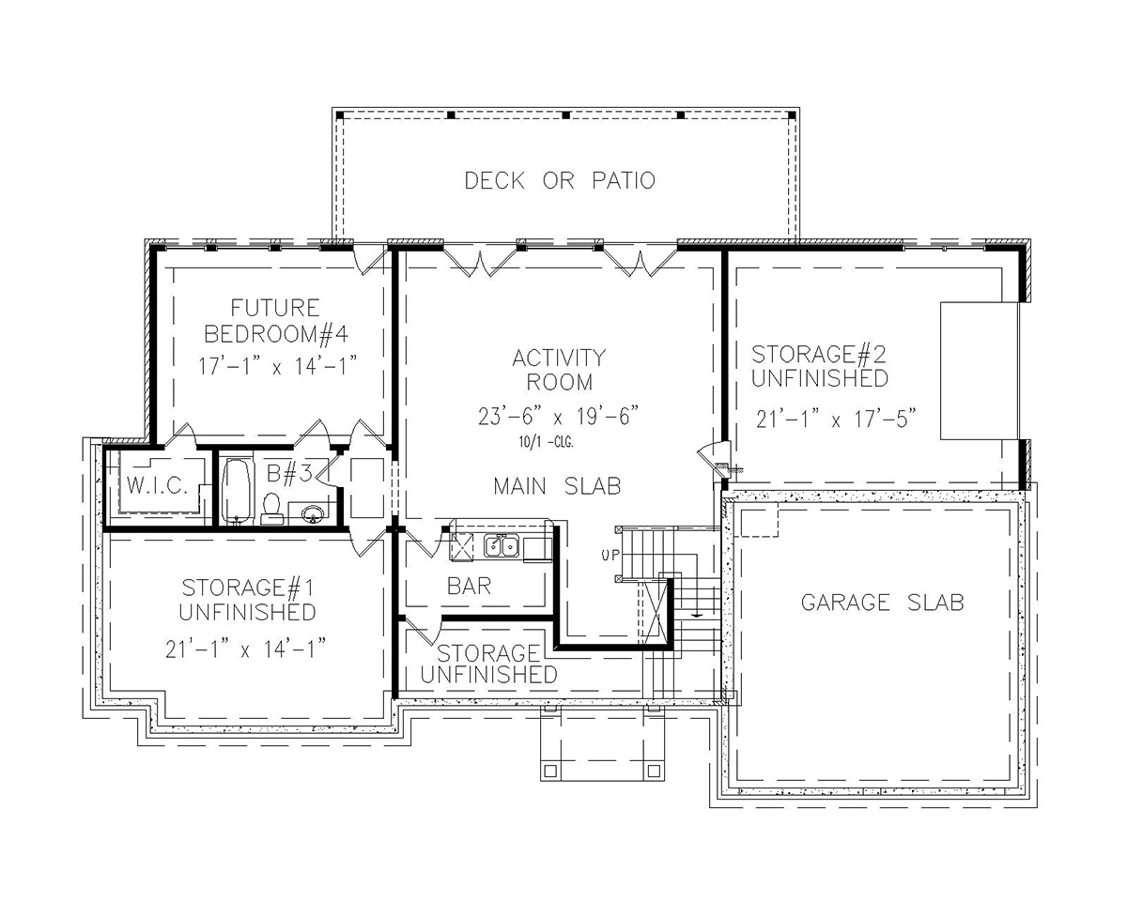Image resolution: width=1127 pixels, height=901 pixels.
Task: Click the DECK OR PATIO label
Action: (560, 180)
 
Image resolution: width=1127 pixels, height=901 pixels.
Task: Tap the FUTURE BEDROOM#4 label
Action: (276, 320)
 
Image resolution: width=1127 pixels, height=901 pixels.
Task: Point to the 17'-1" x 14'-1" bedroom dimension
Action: (278, 366)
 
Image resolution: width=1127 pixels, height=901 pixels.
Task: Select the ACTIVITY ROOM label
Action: (560, 370)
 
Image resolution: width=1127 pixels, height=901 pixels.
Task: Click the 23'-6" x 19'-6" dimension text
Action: (558, 417)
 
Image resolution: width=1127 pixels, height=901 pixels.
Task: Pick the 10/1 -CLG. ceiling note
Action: (547, 442)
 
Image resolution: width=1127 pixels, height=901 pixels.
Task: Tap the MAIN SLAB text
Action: (557, 486)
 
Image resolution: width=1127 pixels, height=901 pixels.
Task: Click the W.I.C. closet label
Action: (157, 486)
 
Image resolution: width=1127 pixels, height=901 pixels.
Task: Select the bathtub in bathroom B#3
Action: (236, 491)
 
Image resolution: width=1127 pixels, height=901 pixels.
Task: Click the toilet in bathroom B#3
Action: (271, 508)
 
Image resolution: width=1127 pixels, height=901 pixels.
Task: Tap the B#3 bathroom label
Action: (289, 473)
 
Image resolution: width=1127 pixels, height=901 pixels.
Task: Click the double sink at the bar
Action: (502, 546)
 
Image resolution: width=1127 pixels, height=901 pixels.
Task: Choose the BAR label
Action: (470, 586)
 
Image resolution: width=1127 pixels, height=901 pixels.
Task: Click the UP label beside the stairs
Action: (610, 555)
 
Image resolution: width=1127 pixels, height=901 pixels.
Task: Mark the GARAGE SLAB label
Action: (883, 603)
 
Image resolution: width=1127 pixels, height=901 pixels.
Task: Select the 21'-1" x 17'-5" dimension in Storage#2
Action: (837, 419)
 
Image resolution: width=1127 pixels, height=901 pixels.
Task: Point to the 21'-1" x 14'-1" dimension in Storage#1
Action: (246, 649)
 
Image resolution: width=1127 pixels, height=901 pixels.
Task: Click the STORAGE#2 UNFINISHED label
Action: (820, 366)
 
